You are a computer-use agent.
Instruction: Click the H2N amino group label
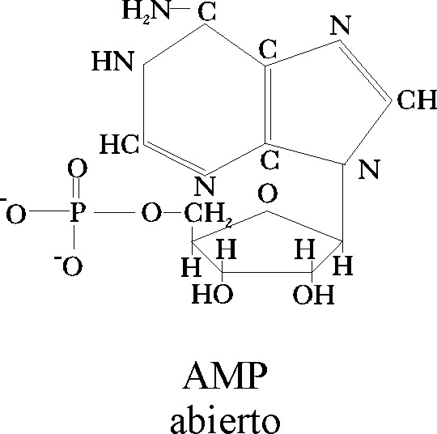pyautogui.click(x=146, y=11)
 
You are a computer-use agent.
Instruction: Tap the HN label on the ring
pyautogui.click(x=112, y=61)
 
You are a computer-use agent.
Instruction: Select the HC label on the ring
pyautogui.click(x=119, y=144)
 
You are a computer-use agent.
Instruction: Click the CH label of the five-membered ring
pyautogui.click(x=417, y=100)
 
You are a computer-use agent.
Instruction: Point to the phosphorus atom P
pyautogui.click(x=78, y=212)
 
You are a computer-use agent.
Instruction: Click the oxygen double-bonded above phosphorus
pyautogui.click(x=78, y=168)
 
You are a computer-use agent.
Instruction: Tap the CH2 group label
pyautogui.click(x=208, y=215)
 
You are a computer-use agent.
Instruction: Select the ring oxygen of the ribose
pyautogui.click(x=268, y=193)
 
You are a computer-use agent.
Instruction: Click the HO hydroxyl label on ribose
pyautogui.click(x=212, y=294)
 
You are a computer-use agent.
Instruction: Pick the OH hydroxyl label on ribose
pyautogui.click(x=313, y=294)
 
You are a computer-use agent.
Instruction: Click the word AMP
pyautogui.click(x=225, y=376)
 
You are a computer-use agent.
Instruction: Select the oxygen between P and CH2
pyautogui.click(x=151, y=213)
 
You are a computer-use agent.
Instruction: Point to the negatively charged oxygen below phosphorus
pyautogui.click(x=69, y=265)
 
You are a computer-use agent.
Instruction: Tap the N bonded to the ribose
pyautogui.click(x=369, y=169)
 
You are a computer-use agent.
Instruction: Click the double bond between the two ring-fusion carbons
pyautogui.click(x=268, y=104)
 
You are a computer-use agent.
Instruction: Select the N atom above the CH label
pyautogui.click(x=340, y=25)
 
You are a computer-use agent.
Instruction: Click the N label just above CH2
pyautogui.click(x=205, y=185)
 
